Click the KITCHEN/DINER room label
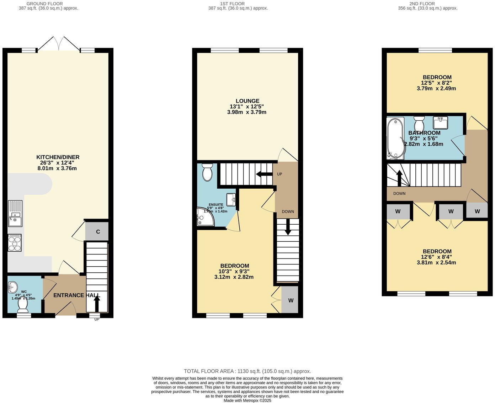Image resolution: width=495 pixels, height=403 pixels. point(58,157)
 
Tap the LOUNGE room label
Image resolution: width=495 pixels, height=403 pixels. point(247,101)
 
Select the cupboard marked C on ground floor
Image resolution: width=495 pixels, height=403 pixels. point(97,232)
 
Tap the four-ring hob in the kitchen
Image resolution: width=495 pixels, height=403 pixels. point(15,243)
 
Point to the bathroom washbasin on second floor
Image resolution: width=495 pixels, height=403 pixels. point(440,122)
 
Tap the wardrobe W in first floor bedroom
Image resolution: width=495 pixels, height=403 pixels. point(291,300)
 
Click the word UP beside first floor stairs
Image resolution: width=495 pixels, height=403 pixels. point(280,174)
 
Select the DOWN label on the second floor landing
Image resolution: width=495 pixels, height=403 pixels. point(399,194)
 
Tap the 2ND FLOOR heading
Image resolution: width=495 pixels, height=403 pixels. point(427,4)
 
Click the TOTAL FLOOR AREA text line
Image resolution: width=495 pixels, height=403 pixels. point(247,371)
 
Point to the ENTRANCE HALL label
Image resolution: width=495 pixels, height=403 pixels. point(76,295)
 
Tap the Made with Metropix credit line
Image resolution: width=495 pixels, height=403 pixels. point(247,401)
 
